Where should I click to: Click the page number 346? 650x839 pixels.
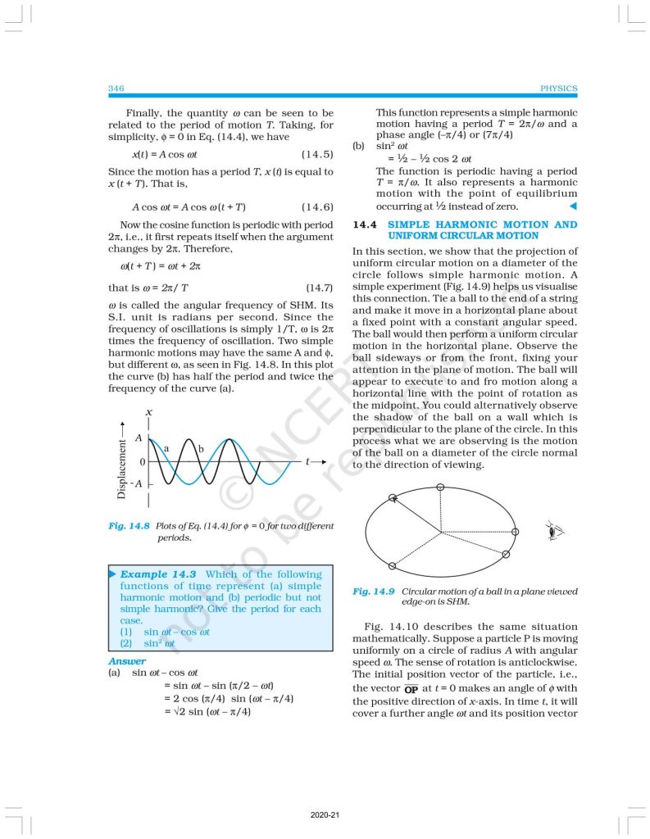pyautogui.click(x=116, y=88)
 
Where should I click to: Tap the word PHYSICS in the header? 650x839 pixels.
pyautogui.click(x=559, y=88)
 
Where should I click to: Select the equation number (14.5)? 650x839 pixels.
pyautogui.click(x=316, y=154)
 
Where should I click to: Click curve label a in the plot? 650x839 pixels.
pyautogui.click(x=166, y=448)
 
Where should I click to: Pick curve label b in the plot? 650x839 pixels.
pyautogui.click(x=199, y=448)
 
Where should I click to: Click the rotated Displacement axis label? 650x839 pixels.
pyautogui.click(x=122, y=469)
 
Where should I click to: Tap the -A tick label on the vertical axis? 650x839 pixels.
pyautogui.click(x=138, y=483)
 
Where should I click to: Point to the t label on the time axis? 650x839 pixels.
pyautogui.click(x=309, y=461)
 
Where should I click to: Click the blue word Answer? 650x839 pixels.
pyautogui.click(x=127, y=661)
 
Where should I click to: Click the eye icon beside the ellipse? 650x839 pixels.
pyautogui.click(x=555, y=532)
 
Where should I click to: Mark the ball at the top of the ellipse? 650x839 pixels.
pyautogui.click(x=441, y=488)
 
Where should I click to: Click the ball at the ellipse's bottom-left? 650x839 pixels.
pyautogui.click(x=392, y=566)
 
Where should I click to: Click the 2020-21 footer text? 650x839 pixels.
pyautogui.click(x=325, y=816)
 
